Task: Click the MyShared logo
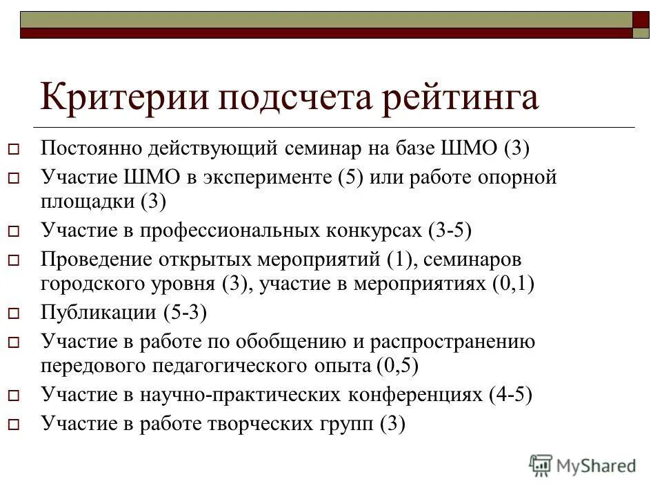[583, 466]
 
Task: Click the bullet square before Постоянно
[13, 149]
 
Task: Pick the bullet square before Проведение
[13, 261]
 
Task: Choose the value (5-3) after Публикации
[185, 312]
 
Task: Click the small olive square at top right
[641, 32]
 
